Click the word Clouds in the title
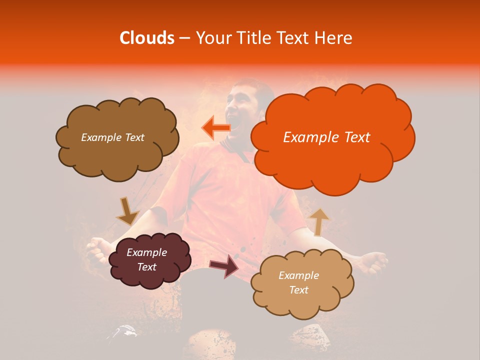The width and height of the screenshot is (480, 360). tap(147, 38)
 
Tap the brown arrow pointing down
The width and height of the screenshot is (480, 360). tap(127, 212)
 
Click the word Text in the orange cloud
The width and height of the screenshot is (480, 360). tap(353, 137)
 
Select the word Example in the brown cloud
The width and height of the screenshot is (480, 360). tap(100, 137)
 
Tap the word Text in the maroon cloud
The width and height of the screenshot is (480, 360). tap(147, 267)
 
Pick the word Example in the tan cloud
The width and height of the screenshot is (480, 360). tap(298, 275)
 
